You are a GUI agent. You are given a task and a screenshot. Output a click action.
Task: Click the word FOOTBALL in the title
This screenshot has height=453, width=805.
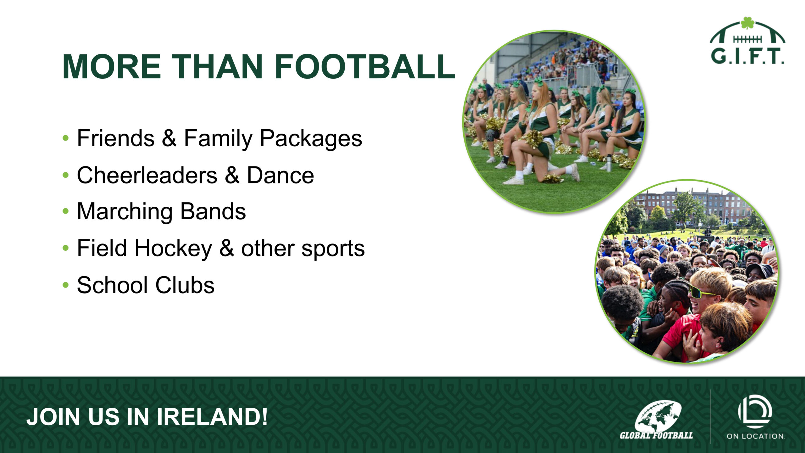click(x=365, y=67)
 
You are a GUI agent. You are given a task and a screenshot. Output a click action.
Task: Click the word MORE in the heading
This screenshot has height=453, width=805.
click(x=112, y=67)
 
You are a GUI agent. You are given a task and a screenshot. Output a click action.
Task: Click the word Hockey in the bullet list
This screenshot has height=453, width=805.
click(x=173, y=249)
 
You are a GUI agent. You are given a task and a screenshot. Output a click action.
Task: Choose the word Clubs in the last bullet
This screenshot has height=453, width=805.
click(x=185, y=285)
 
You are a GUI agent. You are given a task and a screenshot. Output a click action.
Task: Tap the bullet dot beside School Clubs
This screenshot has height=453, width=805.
click(x=65, y=285)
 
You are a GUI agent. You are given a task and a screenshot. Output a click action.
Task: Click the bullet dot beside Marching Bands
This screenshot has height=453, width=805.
click(x=65, y=211)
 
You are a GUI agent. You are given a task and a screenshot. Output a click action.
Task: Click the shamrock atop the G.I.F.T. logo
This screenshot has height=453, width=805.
click(x=748, y=23)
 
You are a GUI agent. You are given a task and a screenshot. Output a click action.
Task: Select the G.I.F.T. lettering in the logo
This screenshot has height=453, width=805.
click(x=747, y=57)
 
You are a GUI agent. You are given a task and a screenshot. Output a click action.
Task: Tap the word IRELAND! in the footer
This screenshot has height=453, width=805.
click(x=212, y=417)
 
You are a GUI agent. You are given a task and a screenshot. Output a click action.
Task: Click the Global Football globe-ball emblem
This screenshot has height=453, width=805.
click(x=658, y=416)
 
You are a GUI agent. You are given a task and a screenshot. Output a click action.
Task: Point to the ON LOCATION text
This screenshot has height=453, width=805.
click(x=755, y=436)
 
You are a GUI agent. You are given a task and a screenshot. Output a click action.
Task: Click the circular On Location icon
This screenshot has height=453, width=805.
click(x=755, y=411)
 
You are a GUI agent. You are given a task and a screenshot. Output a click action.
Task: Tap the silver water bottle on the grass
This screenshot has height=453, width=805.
click(x=609, y=163)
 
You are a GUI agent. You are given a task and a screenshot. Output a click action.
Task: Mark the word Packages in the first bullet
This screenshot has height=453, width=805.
click(x=311, y=138)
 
